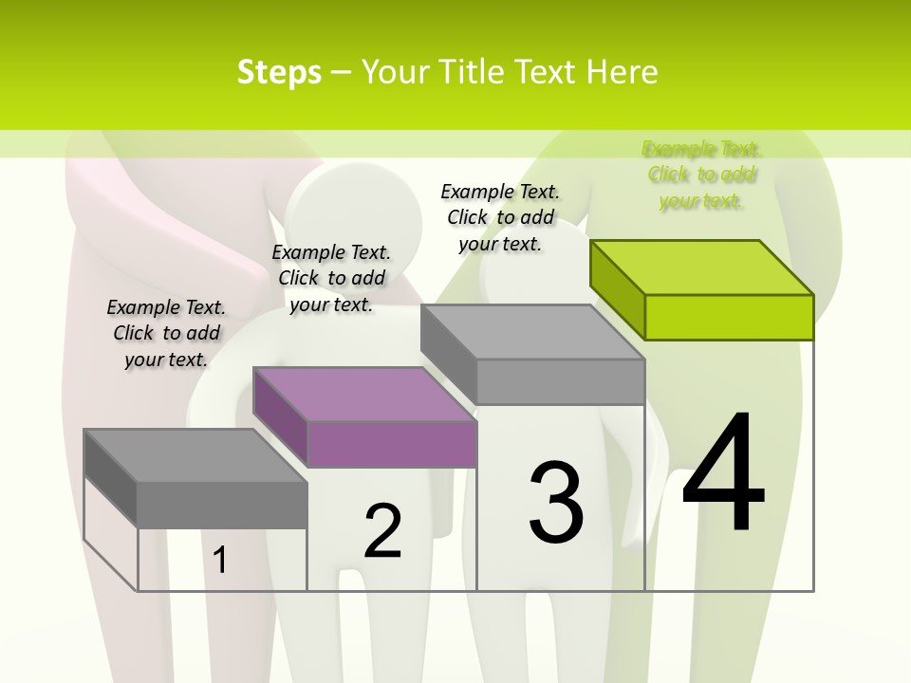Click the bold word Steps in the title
click(279, 72)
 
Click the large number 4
click(723, 474)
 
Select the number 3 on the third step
click(556, 503)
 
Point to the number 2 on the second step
click(382, 531)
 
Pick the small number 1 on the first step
click(220, 560)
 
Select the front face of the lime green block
click(729, 317)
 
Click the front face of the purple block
click(392, 444)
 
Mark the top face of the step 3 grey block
click(532, 332)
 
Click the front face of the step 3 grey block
click(560, 381)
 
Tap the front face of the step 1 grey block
click(221, 505)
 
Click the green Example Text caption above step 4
click(701, 175)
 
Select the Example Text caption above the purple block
click(331, 278)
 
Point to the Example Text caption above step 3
click(500, 217)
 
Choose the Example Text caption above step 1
click(166, 333)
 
